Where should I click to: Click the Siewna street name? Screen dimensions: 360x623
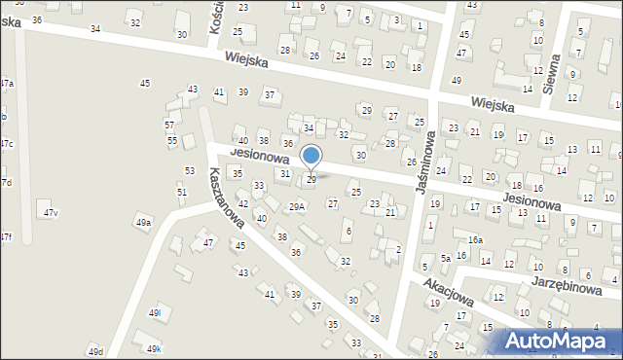coord(551,72)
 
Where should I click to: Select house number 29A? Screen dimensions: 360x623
coord(298,206)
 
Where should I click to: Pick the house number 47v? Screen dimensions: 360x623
coord(50,213)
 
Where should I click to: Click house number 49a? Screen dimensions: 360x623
coord(144,223)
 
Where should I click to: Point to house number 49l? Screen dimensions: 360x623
coord(154,312)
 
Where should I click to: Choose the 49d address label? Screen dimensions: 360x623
coord(94,350)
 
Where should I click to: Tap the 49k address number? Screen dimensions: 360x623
coord(154,348)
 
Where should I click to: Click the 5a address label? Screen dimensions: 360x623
coord(446,258)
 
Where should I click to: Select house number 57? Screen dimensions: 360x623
coord(169,126)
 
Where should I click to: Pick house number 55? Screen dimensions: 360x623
coord(172,141)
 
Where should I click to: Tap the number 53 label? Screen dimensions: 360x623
coord(190,171)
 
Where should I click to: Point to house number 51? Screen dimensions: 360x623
coord(182,192)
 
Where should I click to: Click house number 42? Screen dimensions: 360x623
coord(243,203)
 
